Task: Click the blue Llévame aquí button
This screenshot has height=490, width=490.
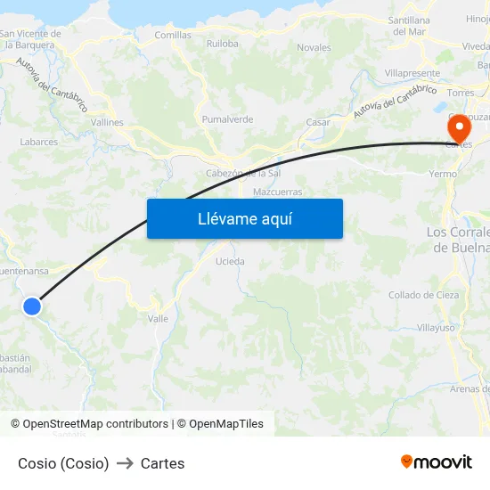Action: pyautogui.click(x=244, y=218)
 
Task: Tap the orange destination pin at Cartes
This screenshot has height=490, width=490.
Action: pyautogui.click(x=460, y=127)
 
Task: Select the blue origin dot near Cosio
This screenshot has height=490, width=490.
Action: pyautogui.click(x=32, y=306)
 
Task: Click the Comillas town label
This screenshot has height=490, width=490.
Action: pyautogui.click(x=173, y=36)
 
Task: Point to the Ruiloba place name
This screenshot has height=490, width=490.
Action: pyautogui.click(x=222, y=43)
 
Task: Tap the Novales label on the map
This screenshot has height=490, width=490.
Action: pyautogui.click(x=314, y=47)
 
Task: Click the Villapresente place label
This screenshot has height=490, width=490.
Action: pyautogui.click(x=412, y=73)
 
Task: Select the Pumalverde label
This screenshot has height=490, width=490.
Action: pyautogui.click(x=227, y=119)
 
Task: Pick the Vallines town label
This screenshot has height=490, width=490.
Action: pyautogui.click(x=107, y=123)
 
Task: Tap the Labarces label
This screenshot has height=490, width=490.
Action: pyautogui.click(x=39, y=142)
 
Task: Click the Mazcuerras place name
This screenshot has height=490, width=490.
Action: pyautogui.click(x=277, y=192)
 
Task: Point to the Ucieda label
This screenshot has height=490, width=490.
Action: pyautogui.click(x=230, y=262)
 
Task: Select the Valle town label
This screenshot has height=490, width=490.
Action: pyautogui.click(x=158, y=318)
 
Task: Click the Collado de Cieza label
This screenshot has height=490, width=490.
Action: pyautogui.click(x=423, y=295)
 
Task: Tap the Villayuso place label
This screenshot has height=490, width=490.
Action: pyautogui.click(x=436, y=328)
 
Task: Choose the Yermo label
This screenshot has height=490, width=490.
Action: pyautogui.click(x=443, y=175)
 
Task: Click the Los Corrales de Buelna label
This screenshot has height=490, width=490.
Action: pyautogui.click(x=458, y=240)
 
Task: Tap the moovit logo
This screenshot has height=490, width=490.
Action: pyautogui.click(x=437, y=461)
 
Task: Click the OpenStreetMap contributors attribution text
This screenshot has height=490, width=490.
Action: pyautogui.click(x=95, y=424)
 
